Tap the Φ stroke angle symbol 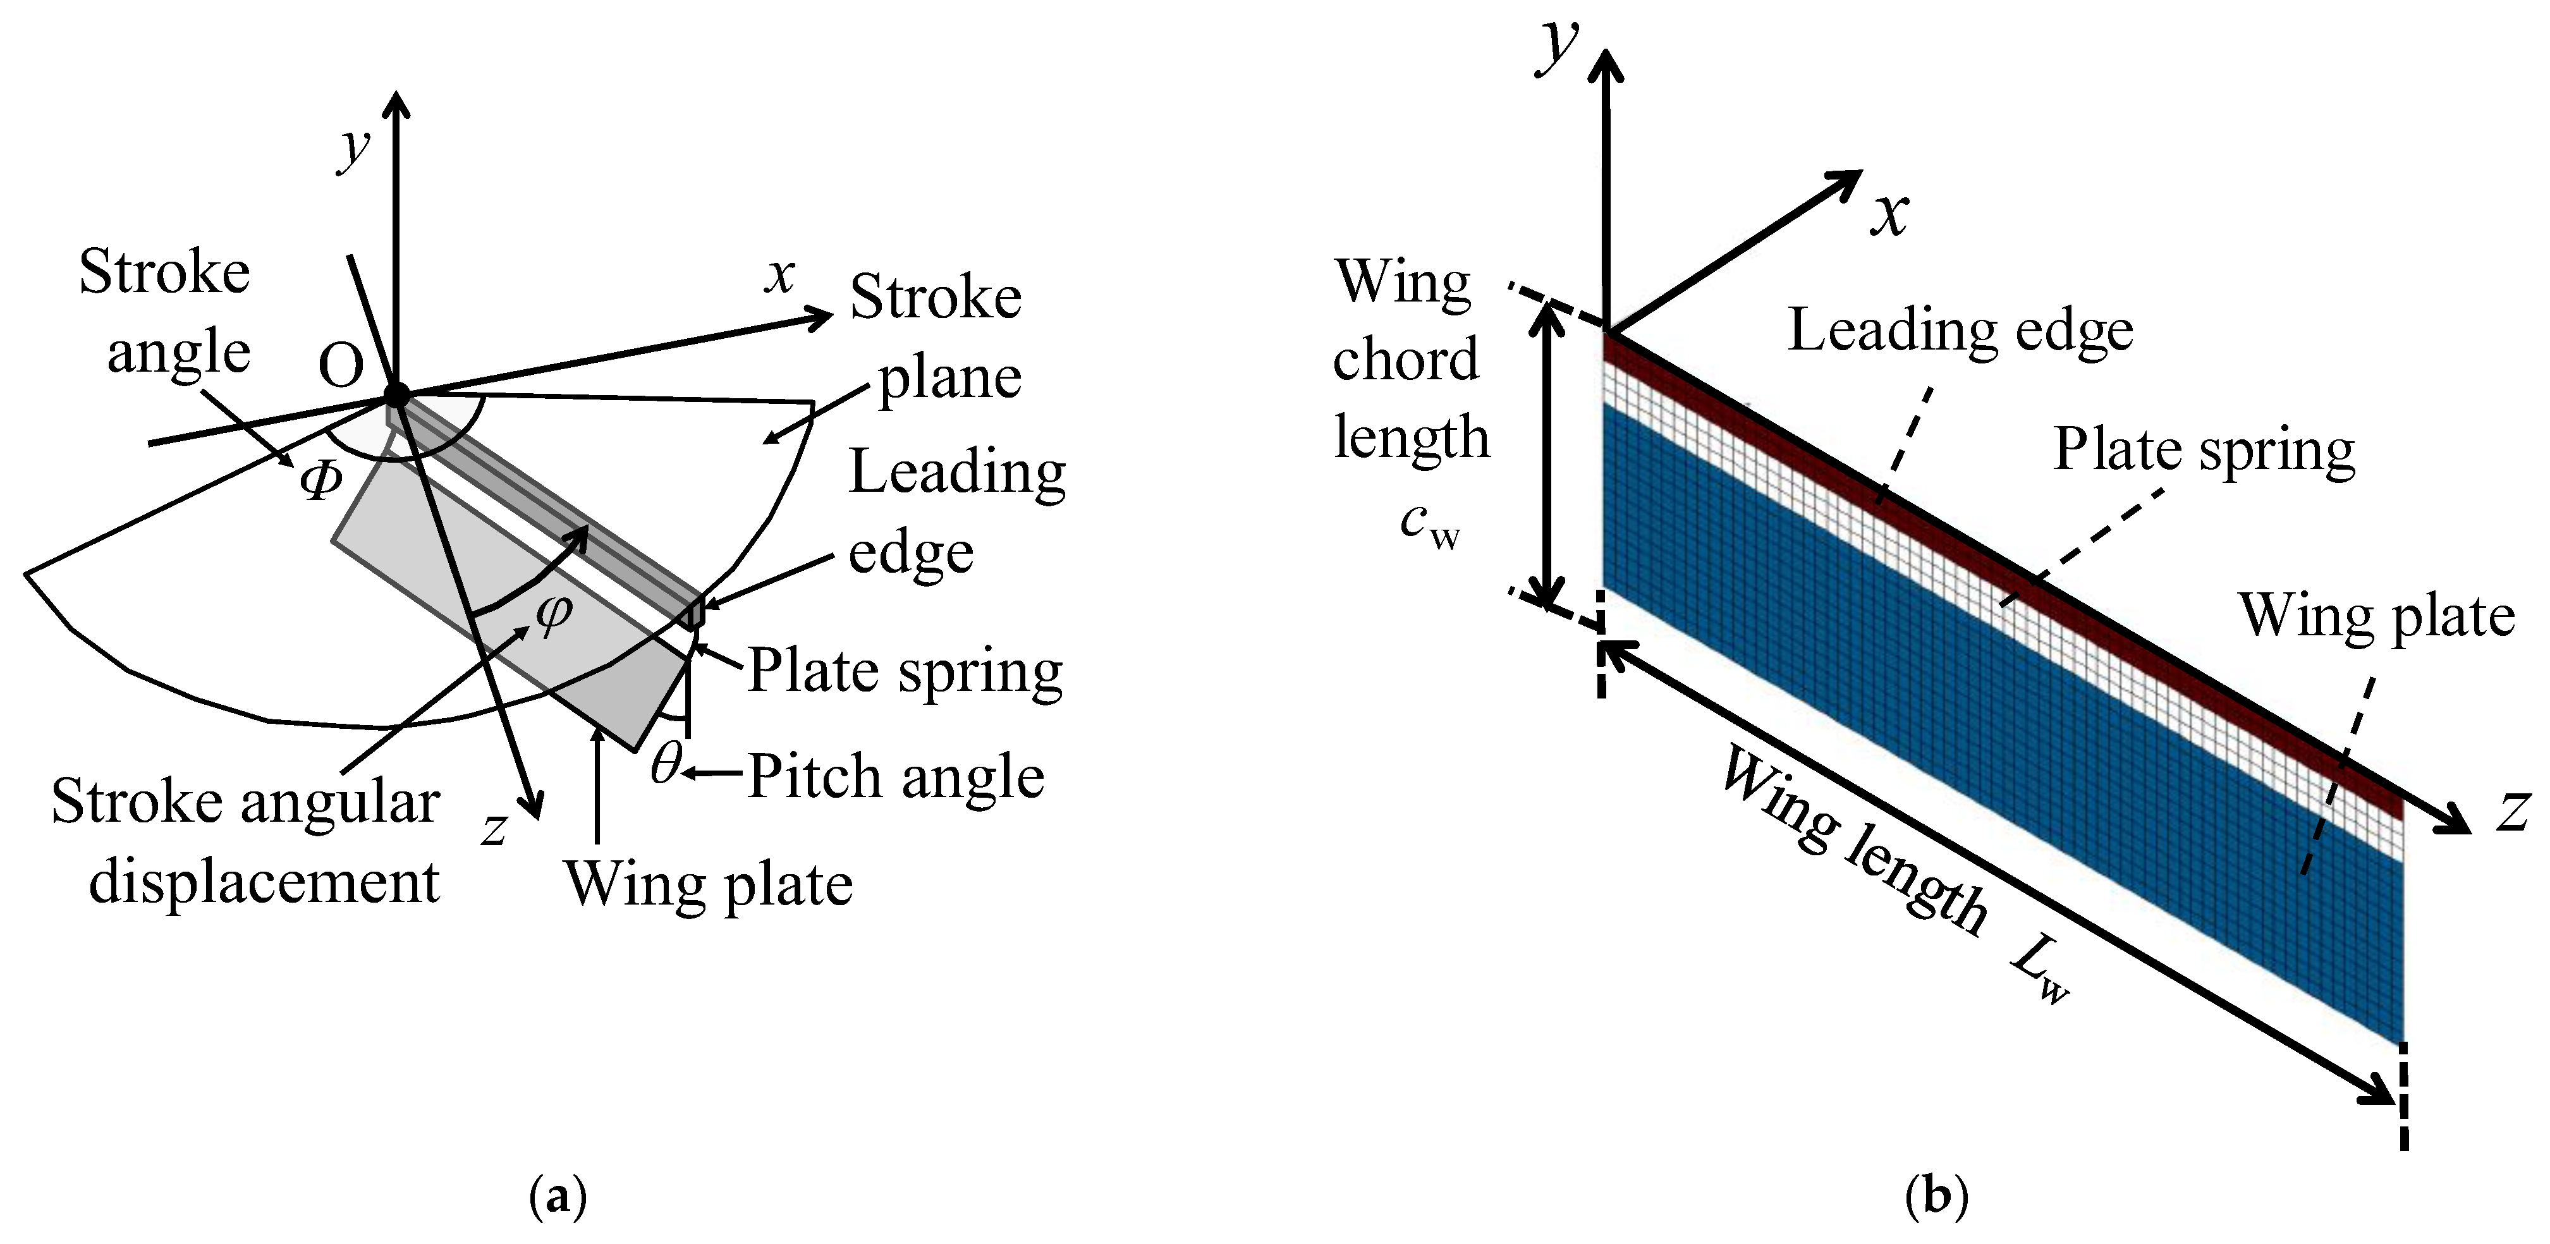323,482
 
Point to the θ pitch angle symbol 666,764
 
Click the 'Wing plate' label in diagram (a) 708,883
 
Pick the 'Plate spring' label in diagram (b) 2204,450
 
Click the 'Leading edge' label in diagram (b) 1960,331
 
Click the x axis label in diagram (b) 1889,214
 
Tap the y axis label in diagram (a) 353,149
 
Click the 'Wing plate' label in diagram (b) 2376,616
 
